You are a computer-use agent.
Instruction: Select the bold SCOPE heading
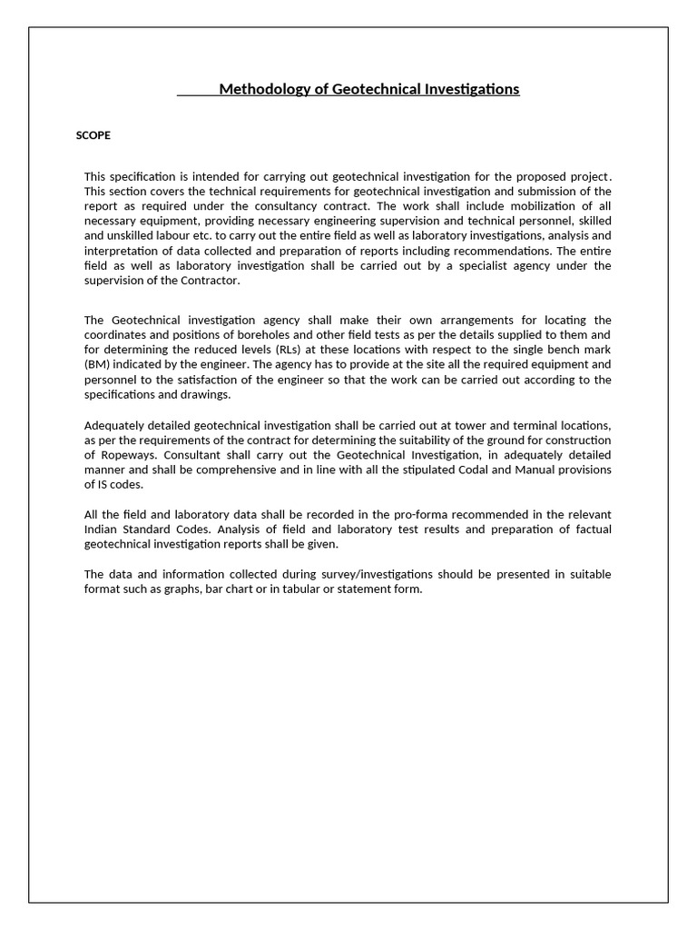(x=93, y=135)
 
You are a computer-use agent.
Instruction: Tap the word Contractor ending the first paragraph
(x=211, y=280)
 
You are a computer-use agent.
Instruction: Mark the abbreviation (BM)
(x=97, y=365)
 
